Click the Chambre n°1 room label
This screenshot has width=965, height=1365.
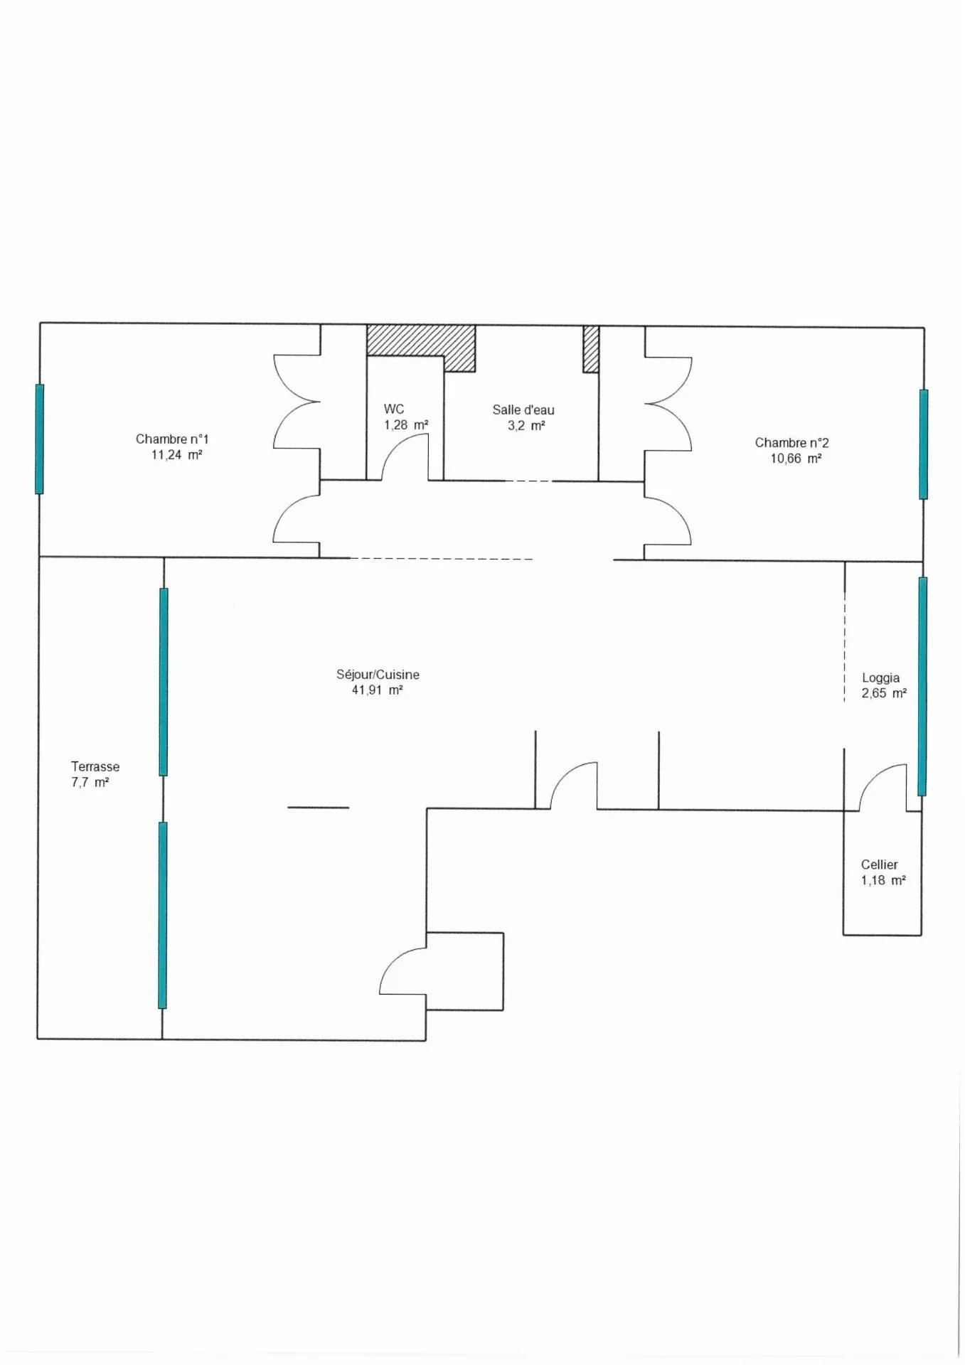coord(172,439)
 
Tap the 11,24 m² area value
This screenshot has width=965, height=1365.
coord(176,455)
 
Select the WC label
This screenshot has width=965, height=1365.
coord(394,409)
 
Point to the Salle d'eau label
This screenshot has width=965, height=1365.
coord(523,409)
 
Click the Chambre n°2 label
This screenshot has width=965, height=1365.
coord(791,443)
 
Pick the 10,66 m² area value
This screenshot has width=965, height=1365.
coord(796,459)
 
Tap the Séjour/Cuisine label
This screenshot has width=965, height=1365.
coord(378,675)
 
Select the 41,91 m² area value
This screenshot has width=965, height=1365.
coord(378,690)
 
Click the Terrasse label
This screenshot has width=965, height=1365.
coord(95,766)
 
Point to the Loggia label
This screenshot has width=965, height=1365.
coord(881,678)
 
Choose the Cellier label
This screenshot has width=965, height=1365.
coord(880,864)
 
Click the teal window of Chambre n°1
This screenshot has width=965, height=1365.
coord(40,439)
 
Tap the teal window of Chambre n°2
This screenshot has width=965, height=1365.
coord(924,444)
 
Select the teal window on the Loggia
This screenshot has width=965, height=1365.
coord(922,686)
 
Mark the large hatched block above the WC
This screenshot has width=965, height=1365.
coord(421,342)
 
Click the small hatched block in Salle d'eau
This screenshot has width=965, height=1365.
coord(591,348)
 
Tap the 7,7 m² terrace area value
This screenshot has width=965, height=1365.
coord(90,783)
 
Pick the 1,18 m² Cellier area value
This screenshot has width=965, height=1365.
coord(883,880)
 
